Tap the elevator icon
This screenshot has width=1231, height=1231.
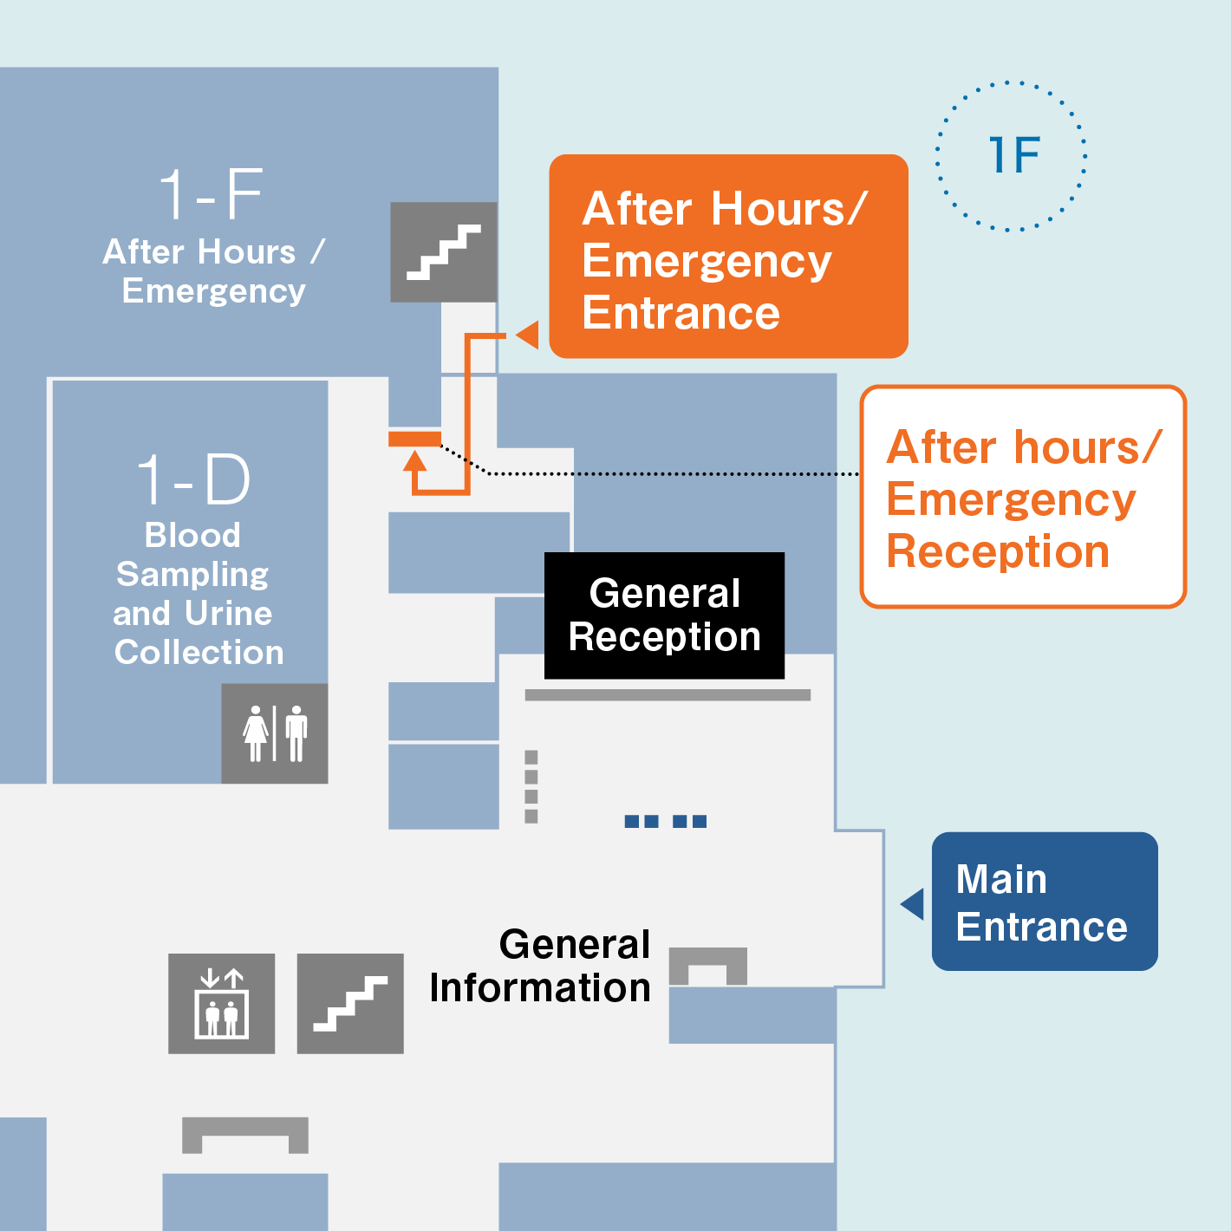coord(222,1003)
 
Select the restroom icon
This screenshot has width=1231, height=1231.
coord(275,733)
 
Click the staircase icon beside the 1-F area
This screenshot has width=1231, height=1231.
coord(443,251)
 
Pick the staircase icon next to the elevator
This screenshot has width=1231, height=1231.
coord(350,1003)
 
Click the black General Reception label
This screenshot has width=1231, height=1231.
coord(664,615)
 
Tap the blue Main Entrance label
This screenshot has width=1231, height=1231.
coord(1045,902)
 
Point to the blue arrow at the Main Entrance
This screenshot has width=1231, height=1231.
coord(914,904)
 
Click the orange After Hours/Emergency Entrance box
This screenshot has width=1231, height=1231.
coord(728,256)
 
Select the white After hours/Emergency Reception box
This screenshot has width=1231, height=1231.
coord(1023,497)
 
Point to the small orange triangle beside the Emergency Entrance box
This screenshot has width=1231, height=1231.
coord(528,335)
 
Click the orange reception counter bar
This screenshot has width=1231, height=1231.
coord(414,439)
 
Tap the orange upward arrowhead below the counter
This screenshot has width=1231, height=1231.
coord(415,460)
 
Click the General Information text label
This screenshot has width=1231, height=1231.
coord(540,966)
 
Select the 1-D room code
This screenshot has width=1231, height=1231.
coord(193,479)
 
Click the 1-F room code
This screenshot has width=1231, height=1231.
coord(211,193)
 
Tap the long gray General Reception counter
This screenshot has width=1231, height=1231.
coord(668,695)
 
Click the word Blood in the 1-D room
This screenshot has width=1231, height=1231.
coord(192,535)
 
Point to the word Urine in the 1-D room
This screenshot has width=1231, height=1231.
coord(228,613)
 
